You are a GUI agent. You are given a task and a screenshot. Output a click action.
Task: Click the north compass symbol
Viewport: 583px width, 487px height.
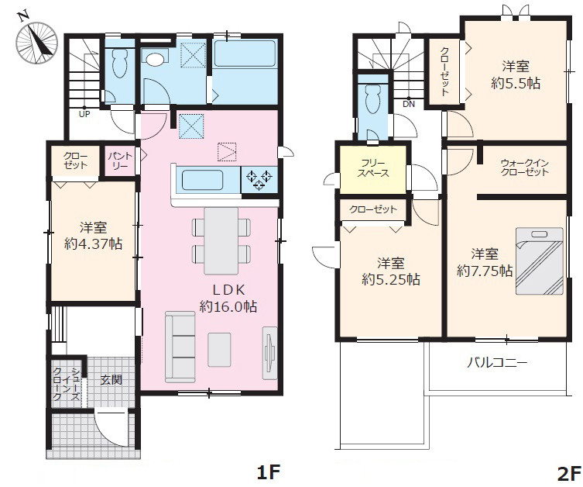(36, 41)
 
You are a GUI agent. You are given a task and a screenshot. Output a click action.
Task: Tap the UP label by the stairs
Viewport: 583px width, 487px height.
(84, 114)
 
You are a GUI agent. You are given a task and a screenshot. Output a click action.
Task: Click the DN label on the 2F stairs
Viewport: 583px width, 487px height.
(409, 104)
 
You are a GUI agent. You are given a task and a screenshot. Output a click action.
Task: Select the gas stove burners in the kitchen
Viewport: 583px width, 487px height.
(259, 180)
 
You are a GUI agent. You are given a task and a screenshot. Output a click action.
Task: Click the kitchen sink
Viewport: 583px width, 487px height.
(202, 180)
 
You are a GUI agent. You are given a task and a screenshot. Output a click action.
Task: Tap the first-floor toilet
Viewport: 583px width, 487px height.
(119, 63)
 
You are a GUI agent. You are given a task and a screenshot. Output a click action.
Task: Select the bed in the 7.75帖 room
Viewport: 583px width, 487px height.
(540, 261)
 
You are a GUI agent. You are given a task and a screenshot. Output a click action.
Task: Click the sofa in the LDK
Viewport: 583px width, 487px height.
(180, 347)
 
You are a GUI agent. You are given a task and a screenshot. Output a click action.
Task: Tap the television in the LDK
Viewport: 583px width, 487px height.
(270, 353)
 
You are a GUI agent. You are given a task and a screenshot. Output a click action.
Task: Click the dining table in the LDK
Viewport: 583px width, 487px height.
(221, 241)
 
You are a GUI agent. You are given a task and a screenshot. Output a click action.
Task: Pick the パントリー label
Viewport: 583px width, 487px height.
(120, 161)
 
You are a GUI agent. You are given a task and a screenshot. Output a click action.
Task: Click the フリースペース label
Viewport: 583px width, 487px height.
(373, 168)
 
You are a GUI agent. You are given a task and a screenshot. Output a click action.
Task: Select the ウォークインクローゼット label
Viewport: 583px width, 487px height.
(525, 168)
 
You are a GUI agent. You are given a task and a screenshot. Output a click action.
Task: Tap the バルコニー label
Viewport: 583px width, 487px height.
(497, 362)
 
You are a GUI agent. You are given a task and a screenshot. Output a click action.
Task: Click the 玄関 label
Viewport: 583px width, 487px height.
(111, 380)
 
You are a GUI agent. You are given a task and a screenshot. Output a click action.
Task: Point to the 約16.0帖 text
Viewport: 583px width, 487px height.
(228, 306)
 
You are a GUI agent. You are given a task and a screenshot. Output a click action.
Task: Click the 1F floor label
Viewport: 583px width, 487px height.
(268, 472)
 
